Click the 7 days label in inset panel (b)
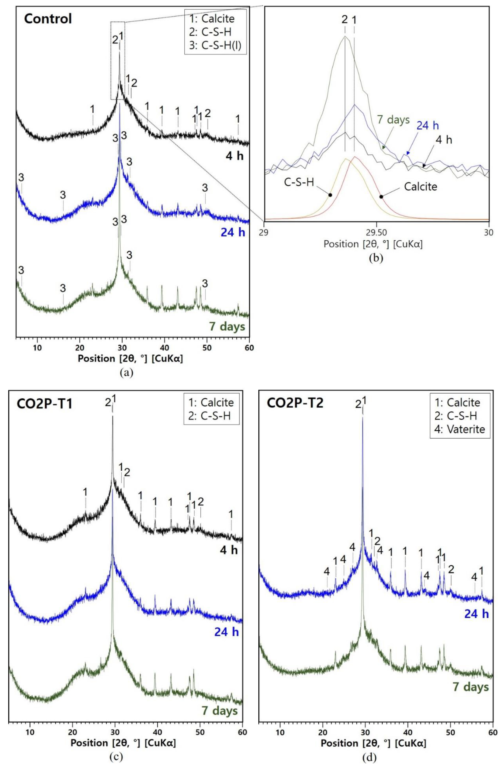coord(393,120)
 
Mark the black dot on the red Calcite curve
coord(381,196)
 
